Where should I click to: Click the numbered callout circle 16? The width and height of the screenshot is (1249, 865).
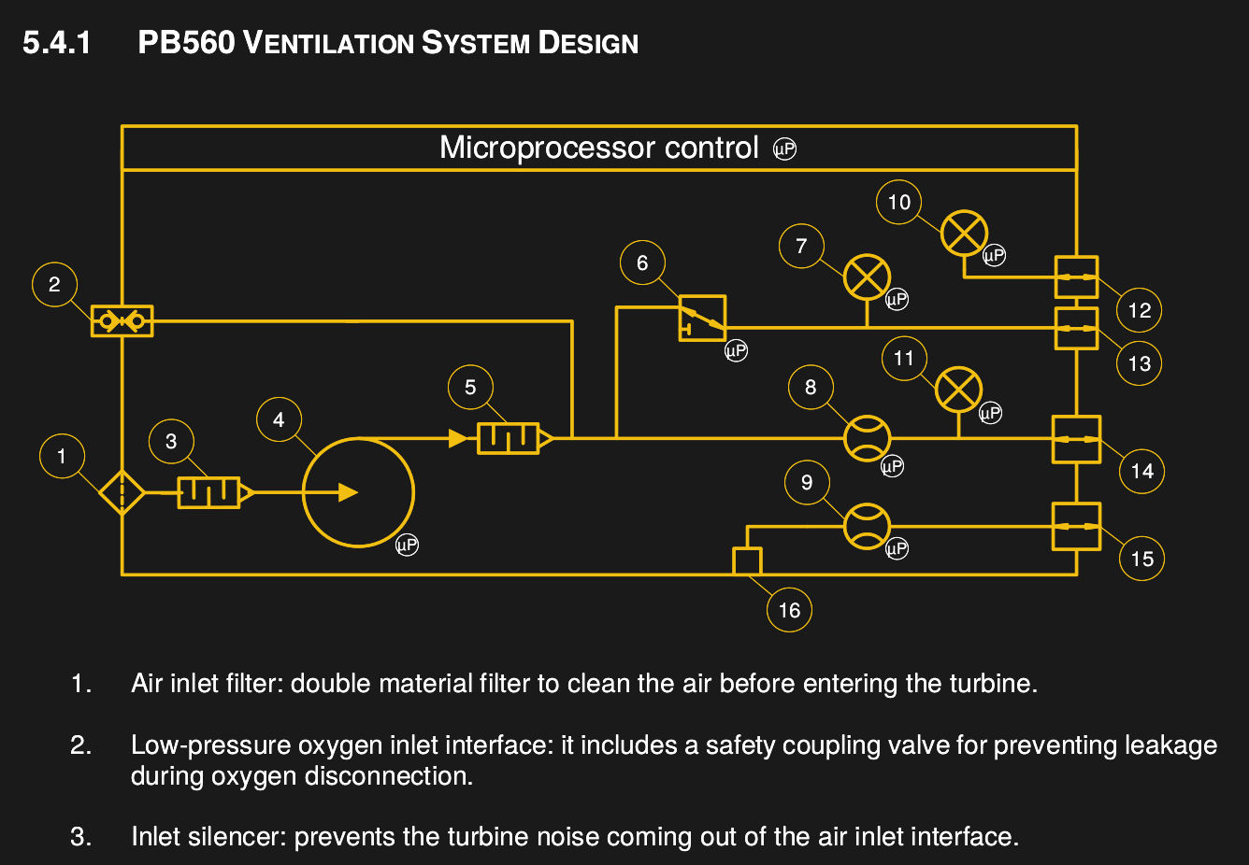pyautogui.click(x=789, y=610)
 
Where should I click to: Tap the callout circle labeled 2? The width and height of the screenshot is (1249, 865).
pyautogui.click(x=54, y=284)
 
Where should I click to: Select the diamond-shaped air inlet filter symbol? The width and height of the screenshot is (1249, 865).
pyautogui.click(x=122, y=491)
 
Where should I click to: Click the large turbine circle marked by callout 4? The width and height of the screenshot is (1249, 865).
pyautogui.click(x=358, y=492)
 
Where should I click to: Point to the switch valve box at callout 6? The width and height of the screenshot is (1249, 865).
pyautogui.click(x=702, y=318)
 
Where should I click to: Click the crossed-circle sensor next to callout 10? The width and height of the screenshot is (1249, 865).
pyautogui.click(x=964, y=233)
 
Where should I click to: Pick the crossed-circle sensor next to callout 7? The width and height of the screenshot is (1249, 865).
pyautogui.click(x=867, y=277)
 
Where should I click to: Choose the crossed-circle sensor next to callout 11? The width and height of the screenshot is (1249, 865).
pyautogui.click(x=958, y=390)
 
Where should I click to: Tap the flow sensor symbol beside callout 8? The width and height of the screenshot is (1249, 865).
pyautogui.click(x=868, y=438)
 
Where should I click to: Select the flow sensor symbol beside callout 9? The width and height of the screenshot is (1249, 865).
pyautogui.click(x=868, y=526)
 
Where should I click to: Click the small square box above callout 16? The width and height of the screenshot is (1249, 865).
pyautogui.click(x=747, y=560)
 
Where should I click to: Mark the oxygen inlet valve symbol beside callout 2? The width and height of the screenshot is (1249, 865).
pyautogui.click(x=122, y=321)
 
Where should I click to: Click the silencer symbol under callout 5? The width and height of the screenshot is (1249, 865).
pyautogui.click(x=509, y=437)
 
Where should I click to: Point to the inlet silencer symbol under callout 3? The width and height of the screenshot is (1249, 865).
pyautogui.click(x=209, y=491)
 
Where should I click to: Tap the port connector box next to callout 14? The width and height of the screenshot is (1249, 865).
pyautogui.click(x=1076, y=439)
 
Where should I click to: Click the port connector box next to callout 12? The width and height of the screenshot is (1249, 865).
pyautogui.click(x=1076, y=277)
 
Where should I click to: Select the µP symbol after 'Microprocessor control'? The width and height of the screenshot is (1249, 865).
pyautogui.click(x=784, y=149)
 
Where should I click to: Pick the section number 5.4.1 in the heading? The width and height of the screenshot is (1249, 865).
pyautogui.click(x=56, y=43)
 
